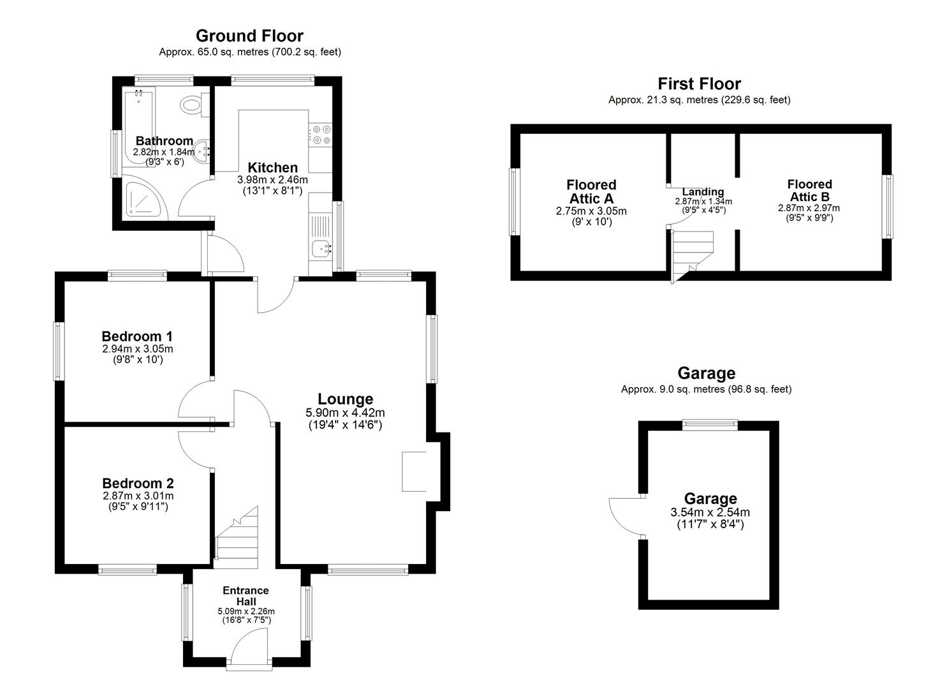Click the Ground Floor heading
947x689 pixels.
[x=249, y=36]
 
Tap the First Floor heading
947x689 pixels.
[x=699, y=84]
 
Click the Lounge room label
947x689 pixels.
[x=345, y=399]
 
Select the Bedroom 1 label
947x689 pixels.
[x=137, y=336]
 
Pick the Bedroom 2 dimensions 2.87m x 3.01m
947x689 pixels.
[x=138, y=496]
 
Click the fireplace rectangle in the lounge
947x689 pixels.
[x=414, y=471]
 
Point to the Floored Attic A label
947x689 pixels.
[x=591, y=191]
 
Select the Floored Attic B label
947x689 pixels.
[x=809, y=190]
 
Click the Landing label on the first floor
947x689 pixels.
[x=703, y=191]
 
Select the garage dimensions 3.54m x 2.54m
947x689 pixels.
[x=710, y=512]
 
